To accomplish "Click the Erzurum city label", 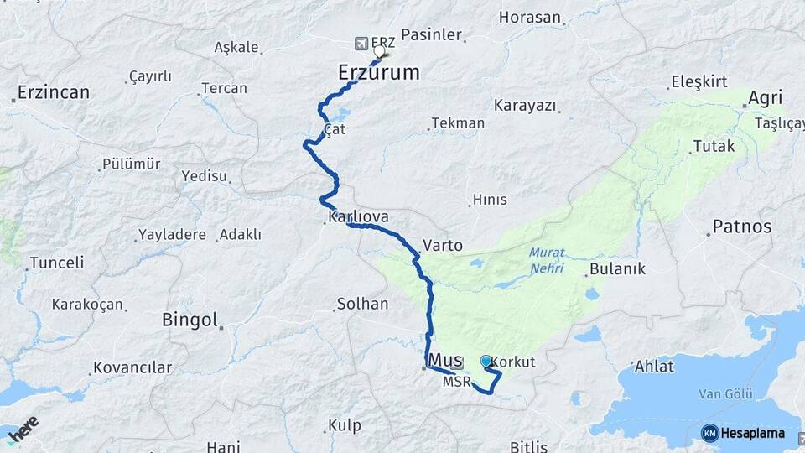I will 378,72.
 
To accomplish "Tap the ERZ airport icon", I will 361,42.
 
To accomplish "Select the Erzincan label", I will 53,92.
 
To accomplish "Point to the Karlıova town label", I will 358,217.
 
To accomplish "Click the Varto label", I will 443,246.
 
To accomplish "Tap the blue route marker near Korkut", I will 486,362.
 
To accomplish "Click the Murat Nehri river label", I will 546,261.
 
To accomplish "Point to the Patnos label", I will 741,226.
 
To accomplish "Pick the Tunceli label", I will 56,263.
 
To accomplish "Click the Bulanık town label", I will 617,269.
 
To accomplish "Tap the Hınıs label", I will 490,200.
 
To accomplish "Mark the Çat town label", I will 335,130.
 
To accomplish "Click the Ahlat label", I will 654,366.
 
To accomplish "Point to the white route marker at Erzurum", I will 379,51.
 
